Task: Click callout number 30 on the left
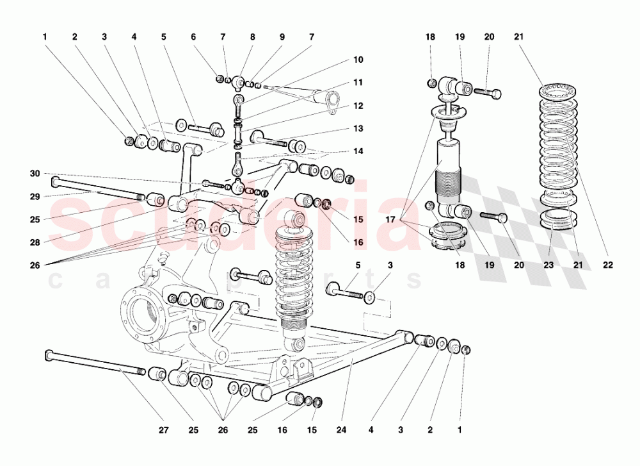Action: [x=35, y=174]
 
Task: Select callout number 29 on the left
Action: [x=35, y=197]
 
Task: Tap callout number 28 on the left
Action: [x=35, y=243]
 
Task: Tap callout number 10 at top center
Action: [x=358, y=60]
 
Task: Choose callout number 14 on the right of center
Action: [x=358, y=151]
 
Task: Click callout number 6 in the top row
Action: [x=193, y=37]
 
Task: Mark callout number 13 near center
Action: [x=358, y=128]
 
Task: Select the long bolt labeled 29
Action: [x=96, y=188]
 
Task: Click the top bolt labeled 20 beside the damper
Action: [x=488, y=94]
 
